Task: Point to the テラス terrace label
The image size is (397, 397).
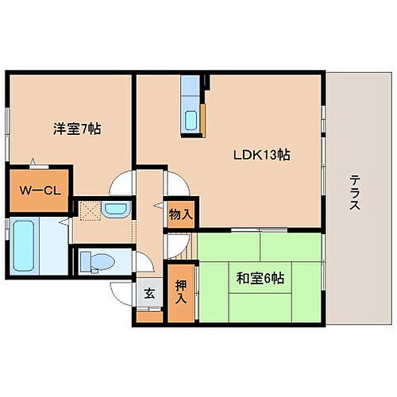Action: click(x=355, y=193)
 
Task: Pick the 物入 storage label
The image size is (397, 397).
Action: click(x=180, y=213)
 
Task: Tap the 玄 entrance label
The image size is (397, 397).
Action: click(x=149, y=291)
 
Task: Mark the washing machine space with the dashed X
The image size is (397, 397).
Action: click(x=89, y=210)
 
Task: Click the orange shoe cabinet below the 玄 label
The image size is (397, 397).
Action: click(x=148, y=316)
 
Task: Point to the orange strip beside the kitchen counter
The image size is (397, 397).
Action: click(x=205, y=114)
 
